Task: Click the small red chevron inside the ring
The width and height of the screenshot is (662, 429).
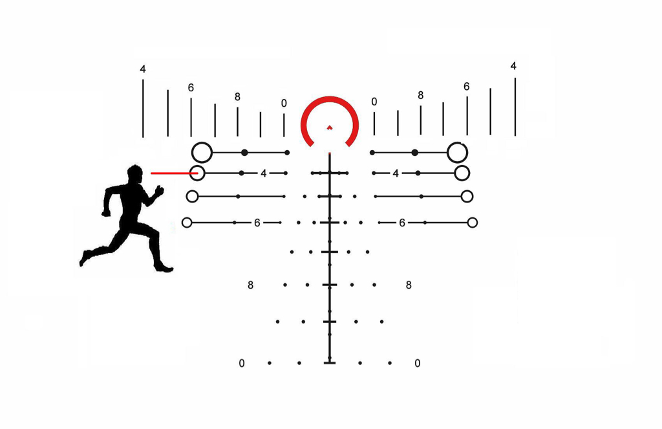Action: pos(330,127)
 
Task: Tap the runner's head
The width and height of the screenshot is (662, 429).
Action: pos(135,174)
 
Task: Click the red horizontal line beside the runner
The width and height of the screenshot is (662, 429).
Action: pos(175,173)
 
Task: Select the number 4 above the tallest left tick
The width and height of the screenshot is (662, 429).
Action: pos(143,69)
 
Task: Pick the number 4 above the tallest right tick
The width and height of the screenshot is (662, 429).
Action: pos(513,66)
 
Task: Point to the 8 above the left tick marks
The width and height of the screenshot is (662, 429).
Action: pos(237,97)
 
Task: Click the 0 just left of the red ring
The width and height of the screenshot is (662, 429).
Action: pos(284,103)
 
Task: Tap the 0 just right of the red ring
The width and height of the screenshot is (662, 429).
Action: pos(374,102)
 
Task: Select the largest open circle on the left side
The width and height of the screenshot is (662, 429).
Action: pos(202,152)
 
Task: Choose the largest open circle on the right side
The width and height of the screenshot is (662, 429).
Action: pos(457,152)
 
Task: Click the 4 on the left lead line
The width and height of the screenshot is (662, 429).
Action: pos(264,173)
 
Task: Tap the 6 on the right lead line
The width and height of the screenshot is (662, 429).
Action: pos(402,223)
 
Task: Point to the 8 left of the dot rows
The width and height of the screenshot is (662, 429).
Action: pos(250,285)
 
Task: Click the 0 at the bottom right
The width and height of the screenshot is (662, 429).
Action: pos(417,363)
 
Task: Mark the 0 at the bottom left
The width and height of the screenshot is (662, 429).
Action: pos(242,363)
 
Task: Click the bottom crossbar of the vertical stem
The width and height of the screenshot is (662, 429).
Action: pos(330,362)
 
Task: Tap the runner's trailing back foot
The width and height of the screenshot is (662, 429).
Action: pos(84,258)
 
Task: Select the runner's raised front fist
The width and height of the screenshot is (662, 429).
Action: pos(159,191)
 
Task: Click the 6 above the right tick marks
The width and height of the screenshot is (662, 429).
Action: pos(467,87)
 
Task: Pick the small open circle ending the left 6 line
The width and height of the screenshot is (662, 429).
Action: pos(187,223)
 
